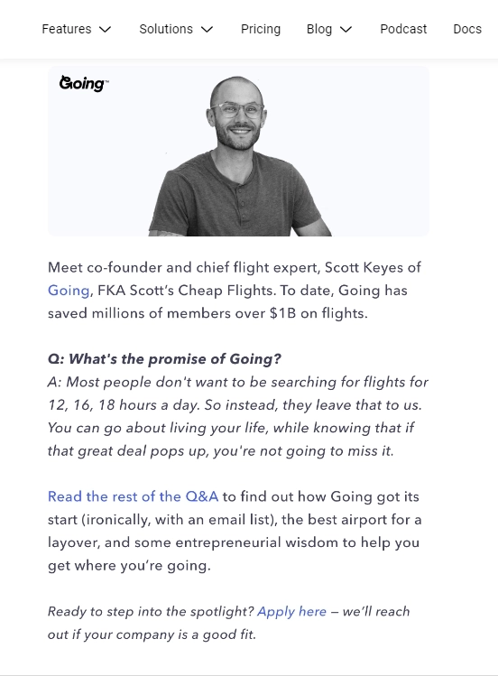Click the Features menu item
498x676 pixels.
point(67,29)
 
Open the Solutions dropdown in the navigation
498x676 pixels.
point(166,29)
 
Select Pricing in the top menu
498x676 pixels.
point(261,29)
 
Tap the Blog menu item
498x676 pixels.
point(319,29)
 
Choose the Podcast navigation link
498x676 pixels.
point(403,29)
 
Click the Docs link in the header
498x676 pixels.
point(467,29)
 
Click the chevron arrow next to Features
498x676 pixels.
point(105,30)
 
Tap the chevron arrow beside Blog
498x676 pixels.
point(346,30)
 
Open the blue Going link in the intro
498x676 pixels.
point(69,291)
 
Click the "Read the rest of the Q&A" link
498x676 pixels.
point(134,496)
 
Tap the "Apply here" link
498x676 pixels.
point(291,611)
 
